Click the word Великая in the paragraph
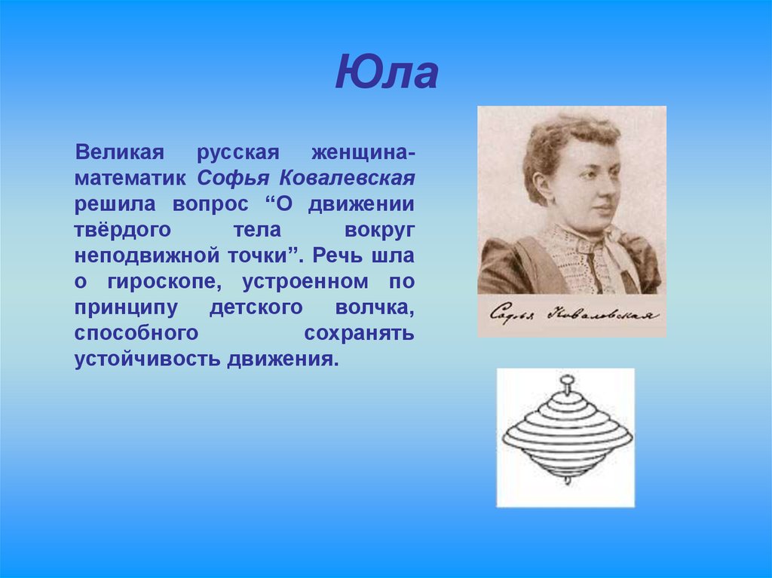coord(119,153)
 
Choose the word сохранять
coord(359,333)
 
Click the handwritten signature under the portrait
coord(571,314)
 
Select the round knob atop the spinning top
coord(565,384)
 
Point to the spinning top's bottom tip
coord(565,480)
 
